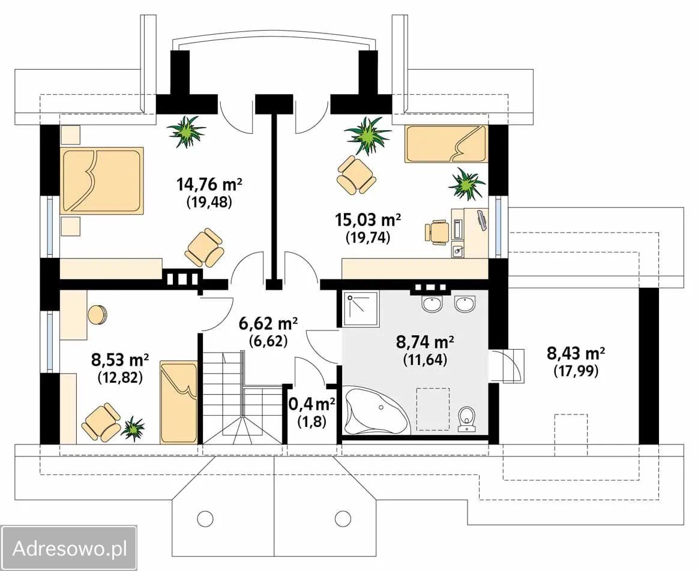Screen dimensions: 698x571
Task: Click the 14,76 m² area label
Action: point(209,184)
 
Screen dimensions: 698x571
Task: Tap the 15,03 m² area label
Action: point(368,220)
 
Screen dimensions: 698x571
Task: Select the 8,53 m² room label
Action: point(120,359)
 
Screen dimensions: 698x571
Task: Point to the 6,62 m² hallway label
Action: point(268,324)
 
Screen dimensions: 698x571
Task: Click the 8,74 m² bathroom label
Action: point(425,342)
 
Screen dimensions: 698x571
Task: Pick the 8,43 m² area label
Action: point(576,353)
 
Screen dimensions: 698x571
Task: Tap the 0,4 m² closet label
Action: point(312,404)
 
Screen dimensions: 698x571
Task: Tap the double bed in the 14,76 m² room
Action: point(102,181)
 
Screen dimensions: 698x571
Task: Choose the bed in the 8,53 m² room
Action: point(178,403)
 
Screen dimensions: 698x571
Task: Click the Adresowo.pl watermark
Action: point(70,548)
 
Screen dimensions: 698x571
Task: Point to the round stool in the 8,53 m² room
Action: point(97,315)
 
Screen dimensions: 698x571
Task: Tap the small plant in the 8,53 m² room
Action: point(133,428)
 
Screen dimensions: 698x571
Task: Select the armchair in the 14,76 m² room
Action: point(204,248)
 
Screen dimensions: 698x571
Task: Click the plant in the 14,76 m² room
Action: point(187,131)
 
